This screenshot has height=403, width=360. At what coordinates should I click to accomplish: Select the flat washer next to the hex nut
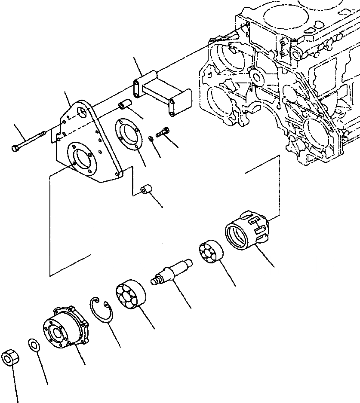(34, 344)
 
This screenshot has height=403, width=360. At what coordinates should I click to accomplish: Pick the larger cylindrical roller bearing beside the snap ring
(131, 295)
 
